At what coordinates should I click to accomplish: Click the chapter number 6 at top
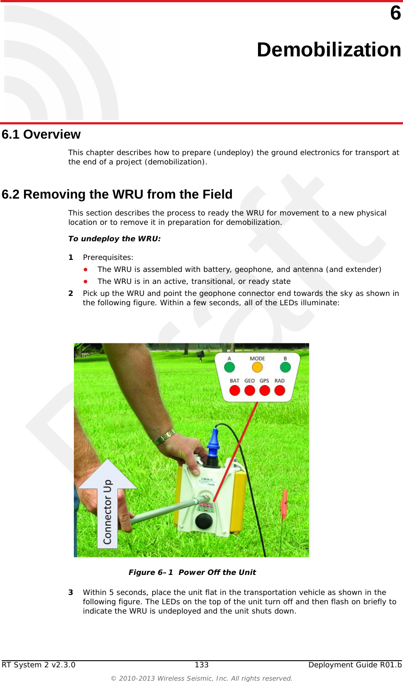pos(395,13)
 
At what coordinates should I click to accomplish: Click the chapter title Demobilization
pos(329,49)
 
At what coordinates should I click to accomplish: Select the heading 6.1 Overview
pos(41,134)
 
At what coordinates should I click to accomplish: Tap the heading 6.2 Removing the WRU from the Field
pos(117,194)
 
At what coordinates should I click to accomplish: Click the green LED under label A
pos(230,367)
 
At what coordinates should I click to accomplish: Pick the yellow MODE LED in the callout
pos(257,367)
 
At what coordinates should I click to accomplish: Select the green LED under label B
pos(285,367)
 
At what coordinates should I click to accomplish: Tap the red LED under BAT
pos(234,391)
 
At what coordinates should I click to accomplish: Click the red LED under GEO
pos(250,391)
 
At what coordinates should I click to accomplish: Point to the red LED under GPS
pos(265,391)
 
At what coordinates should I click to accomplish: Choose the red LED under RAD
pos(280,391)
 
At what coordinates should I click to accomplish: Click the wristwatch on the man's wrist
pos(164,437)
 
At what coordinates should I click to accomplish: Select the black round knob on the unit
pos(204,521)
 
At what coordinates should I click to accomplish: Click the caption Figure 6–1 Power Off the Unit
pos(192,572)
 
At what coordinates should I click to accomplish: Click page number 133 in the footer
pos(201,665)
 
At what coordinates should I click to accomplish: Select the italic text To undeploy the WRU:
pos(114,239)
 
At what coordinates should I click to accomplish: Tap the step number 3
pos(71,592)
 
